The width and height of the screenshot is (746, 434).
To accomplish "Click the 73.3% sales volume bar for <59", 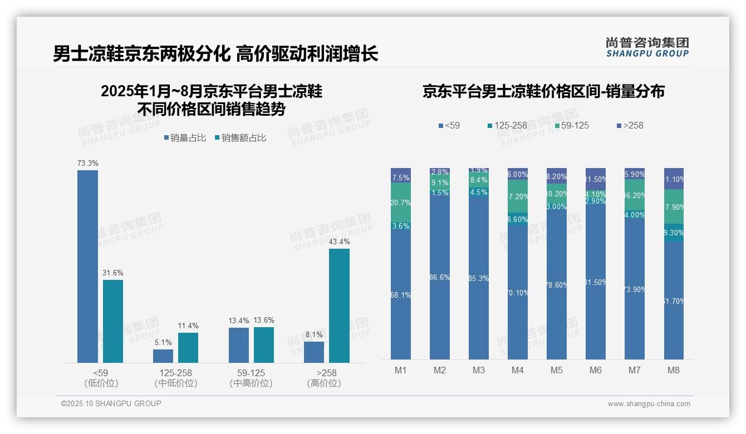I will (87, 267).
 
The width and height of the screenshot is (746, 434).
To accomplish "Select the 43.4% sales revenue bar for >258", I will (339, 305).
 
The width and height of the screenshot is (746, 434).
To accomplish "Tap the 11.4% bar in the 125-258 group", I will (188, 348).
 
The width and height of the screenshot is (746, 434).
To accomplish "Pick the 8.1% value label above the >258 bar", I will (314, 335).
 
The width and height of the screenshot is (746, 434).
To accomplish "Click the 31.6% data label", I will (113, 273).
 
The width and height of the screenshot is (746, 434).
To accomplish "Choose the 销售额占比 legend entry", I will (240, 138).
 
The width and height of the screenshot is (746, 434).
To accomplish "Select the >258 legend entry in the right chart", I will (630, 125).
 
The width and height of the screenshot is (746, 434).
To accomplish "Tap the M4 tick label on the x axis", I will (517, 370).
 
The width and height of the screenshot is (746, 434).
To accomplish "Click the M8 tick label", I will (674, 370).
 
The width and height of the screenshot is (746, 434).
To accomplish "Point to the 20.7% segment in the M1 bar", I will (401, 203).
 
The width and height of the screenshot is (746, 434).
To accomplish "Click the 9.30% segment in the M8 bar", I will (674, 233).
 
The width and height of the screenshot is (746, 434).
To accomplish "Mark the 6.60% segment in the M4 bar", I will (517, 219).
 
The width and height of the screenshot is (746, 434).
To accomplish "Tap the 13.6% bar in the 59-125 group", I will (264, 345).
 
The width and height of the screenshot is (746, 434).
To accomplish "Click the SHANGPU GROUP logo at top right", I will (647, 47).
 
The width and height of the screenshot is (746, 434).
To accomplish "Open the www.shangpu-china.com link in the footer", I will (649, 404).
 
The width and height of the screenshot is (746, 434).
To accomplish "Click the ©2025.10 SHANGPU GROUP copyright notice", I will (111, 403).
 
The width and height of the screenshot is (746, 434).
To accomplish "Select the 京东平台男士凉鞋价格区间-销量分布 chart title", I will (543, 92).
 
